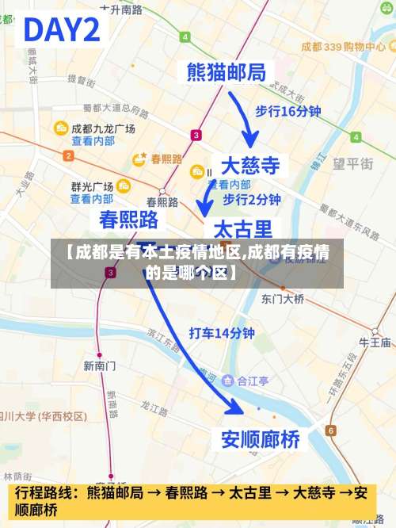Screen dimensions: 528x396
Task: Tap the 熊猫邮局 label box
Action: [x=226, y=72]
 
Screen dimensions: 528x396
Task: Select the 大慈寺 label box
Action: [x=249, y=166]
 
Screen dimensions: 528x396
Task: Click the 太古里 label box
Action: [x=243, y=230]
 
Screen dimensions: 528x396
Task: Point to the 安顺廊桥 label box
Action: [x=261, y=438]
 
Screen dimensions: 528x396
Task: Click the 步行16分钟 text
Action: [x=287, y=112]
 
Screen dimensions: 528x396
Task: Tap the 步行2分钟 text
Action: [x=252, y=199]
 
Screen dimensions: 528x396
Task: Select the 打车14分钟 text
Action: [x=221, y=333]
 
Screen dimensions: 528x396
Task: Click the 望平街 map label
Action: [x=352, y=163]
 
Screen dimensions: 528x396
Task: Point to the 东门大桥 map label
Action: [x=283, y=299]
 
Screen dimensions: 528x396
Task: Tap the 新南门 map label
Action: [x=100, y=365]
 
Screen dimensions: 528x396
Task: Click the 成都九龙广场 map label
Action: [x=103, y=128]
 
